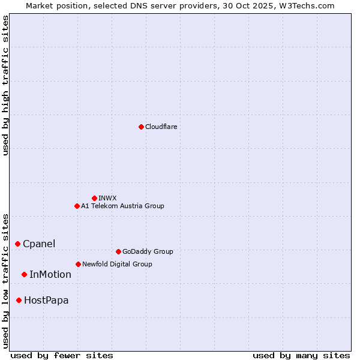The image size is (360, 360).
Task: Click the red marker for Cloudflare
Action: pos(141,127)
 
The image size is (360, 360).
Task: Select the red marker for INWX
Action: pos(94,198)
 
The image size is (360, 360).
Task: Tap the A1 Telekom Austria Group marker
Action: pos(77,206)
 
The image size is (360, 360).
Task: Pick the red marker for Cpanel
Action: pos(17,244)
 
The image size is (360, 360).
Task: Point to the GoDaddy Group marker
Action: pos(118,251)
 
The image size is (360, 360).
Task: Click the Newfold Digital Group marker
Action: pos(78,264)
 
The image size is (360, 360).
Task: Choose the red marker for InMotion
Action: pos(24,274)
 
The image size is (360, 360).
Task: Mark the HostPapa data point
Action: pos(19,300)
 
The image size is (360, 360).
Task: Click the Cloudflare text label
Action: pos(161,127)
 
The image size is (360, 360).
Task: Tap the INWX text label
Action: pos(107,198)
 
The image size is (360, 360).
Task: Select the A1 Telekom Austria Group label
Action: pos(122,206)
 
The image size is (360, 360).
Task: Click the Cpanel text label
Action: pos(39,244)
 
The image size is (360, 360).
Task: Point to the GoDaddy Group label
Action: pos(148,251)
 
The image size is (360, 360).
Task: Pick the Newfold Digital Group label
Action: pos(117,264)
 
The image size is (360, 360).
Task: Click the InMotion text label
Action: pos(50,274)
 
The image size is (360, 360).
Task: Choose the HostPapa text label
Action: pos(46,300)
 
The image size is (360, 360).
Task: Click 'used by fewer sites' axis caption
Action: pos(62,355)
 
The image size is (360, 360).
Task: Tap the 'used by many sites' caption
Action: pos(301,355)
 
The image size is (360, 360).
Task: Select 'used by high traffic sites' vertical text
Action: pos(5,85)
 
